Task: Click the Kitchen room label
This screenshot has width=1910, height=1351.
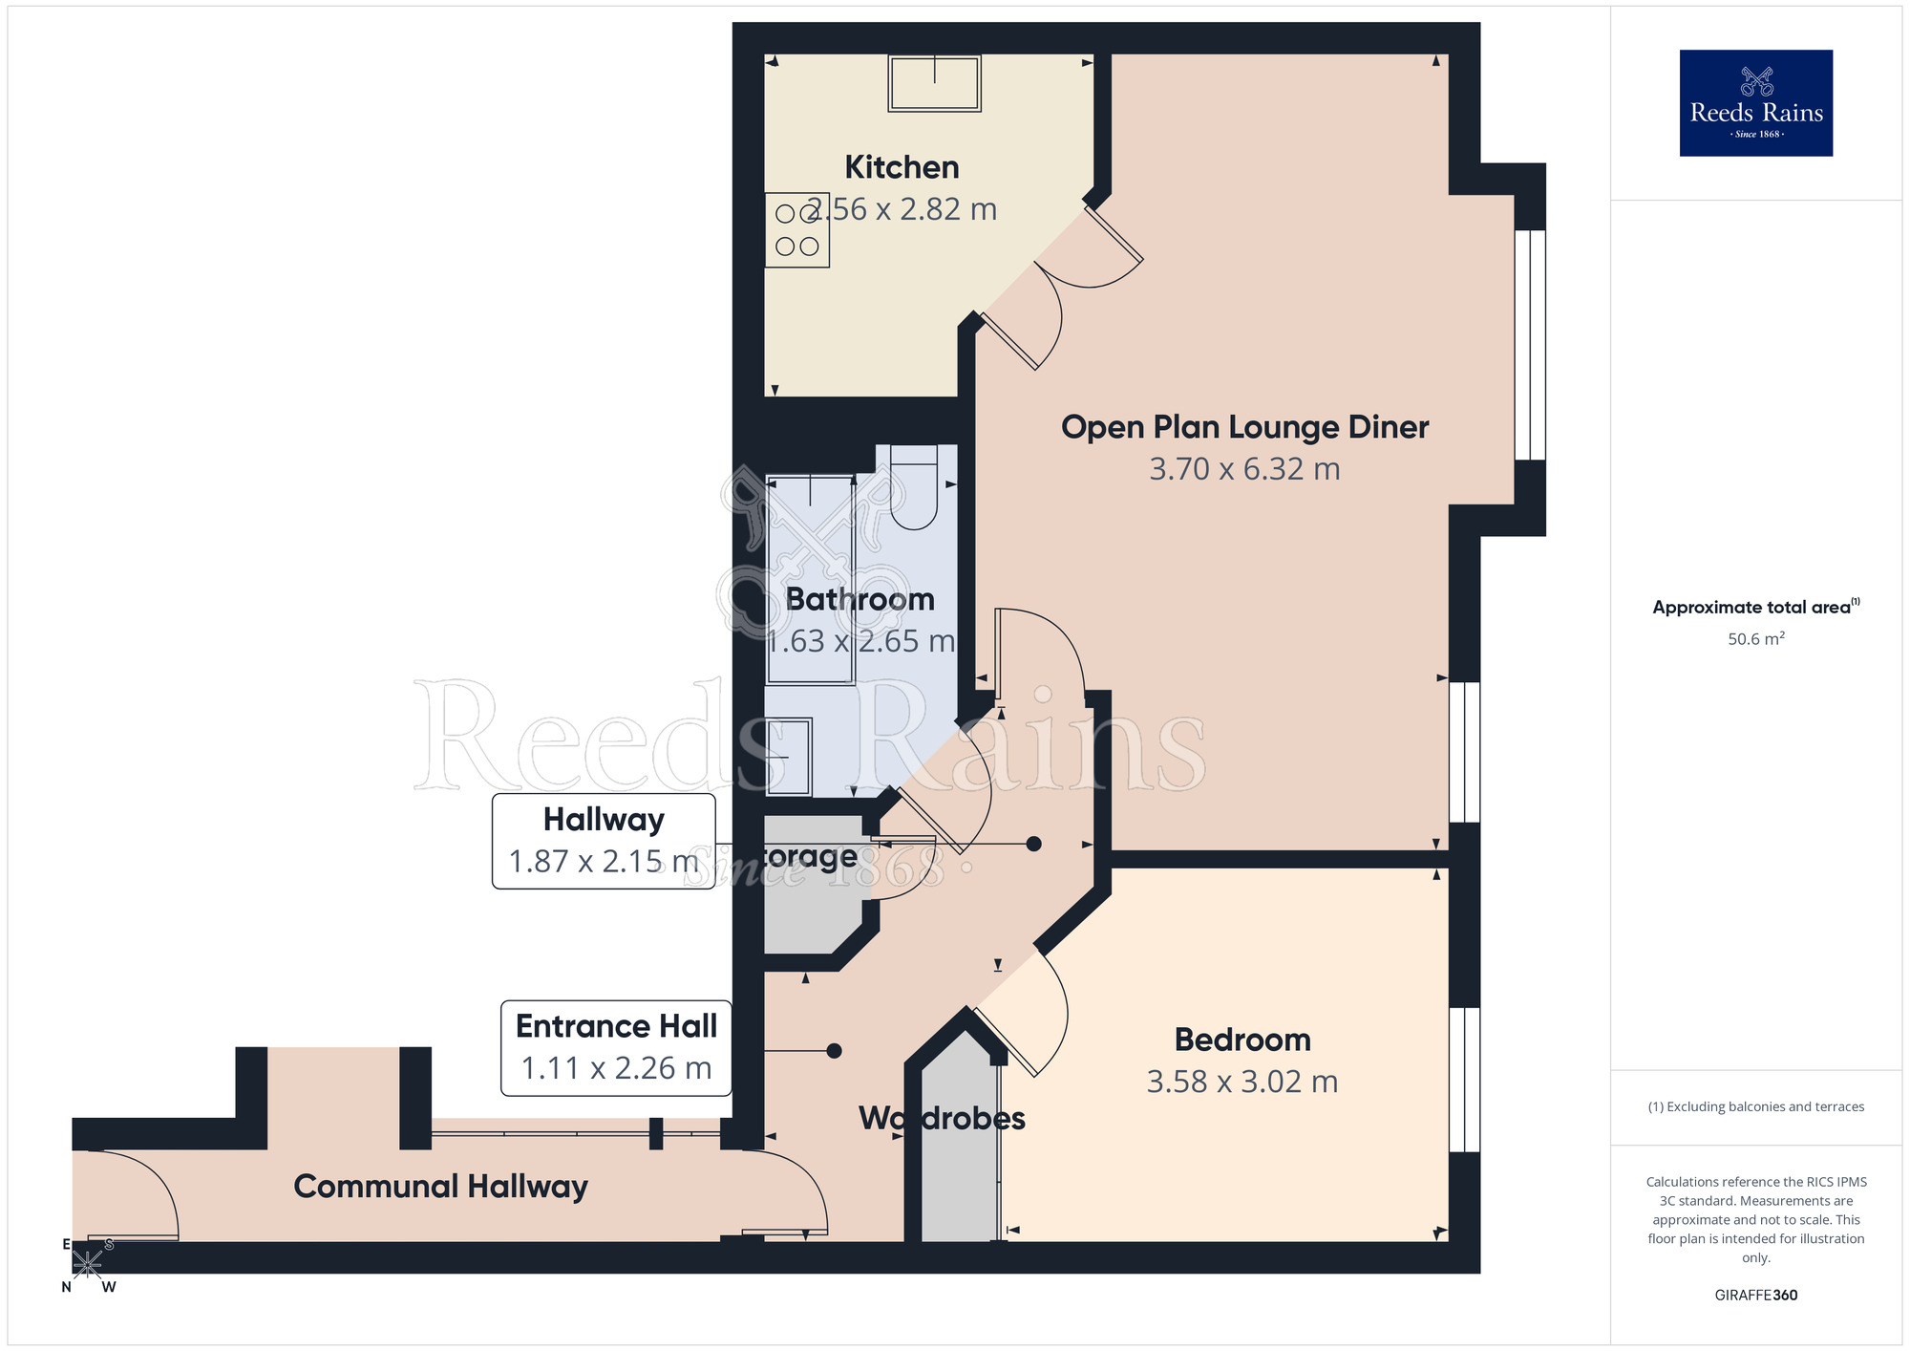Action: (x=902, y=167)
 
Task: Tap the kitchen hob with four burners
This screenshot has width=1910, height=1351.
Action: (x=796, y=230)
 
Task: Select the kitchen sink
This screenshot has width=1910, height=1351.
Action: (x=934, y=83)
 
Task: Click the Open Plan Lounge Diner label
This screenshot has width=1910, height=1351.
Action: (x=1244, y=427)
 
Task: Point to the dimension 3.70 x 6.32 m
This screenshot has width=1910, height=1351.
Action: (x=1244, y=469)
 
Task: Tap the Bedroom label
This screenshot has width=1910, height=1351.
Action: (x=1242, y=1040)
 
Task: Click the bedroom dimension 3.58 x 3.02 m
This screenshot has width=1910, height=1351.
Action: (x=1242, y=1082)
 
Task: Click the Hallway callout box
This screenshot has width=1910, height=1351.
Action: (x=604, y=841)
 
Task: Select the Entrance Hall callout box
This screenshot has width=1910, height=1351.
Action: (x=616, y=1047)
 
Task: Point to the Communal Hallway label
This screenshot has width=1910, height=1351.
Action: (x=440, y=1187)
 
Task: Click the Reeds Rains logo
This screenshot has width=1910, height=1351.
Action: (x=1755, y=103)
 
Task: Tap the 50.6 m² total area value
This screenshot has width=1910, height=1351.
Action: (x=1755, y=639)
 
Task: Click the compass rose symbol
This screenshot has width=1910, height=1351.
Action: (x=87, y=1265)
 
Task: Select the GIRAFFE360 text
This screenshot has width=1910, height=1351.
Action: (x=1755, y=1296)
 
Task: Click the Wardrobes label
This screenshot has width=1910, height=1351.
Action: (x=942, y=1118)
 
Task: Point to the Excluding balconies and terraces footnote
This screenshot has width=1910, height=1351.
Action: (x=1755, y=1106)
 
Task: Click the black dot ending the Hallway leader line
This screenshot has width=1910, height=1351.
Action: (x=1033, y=844)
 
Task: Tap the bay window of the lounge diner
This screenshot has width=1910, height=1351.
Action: (x=1530, y=345)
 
